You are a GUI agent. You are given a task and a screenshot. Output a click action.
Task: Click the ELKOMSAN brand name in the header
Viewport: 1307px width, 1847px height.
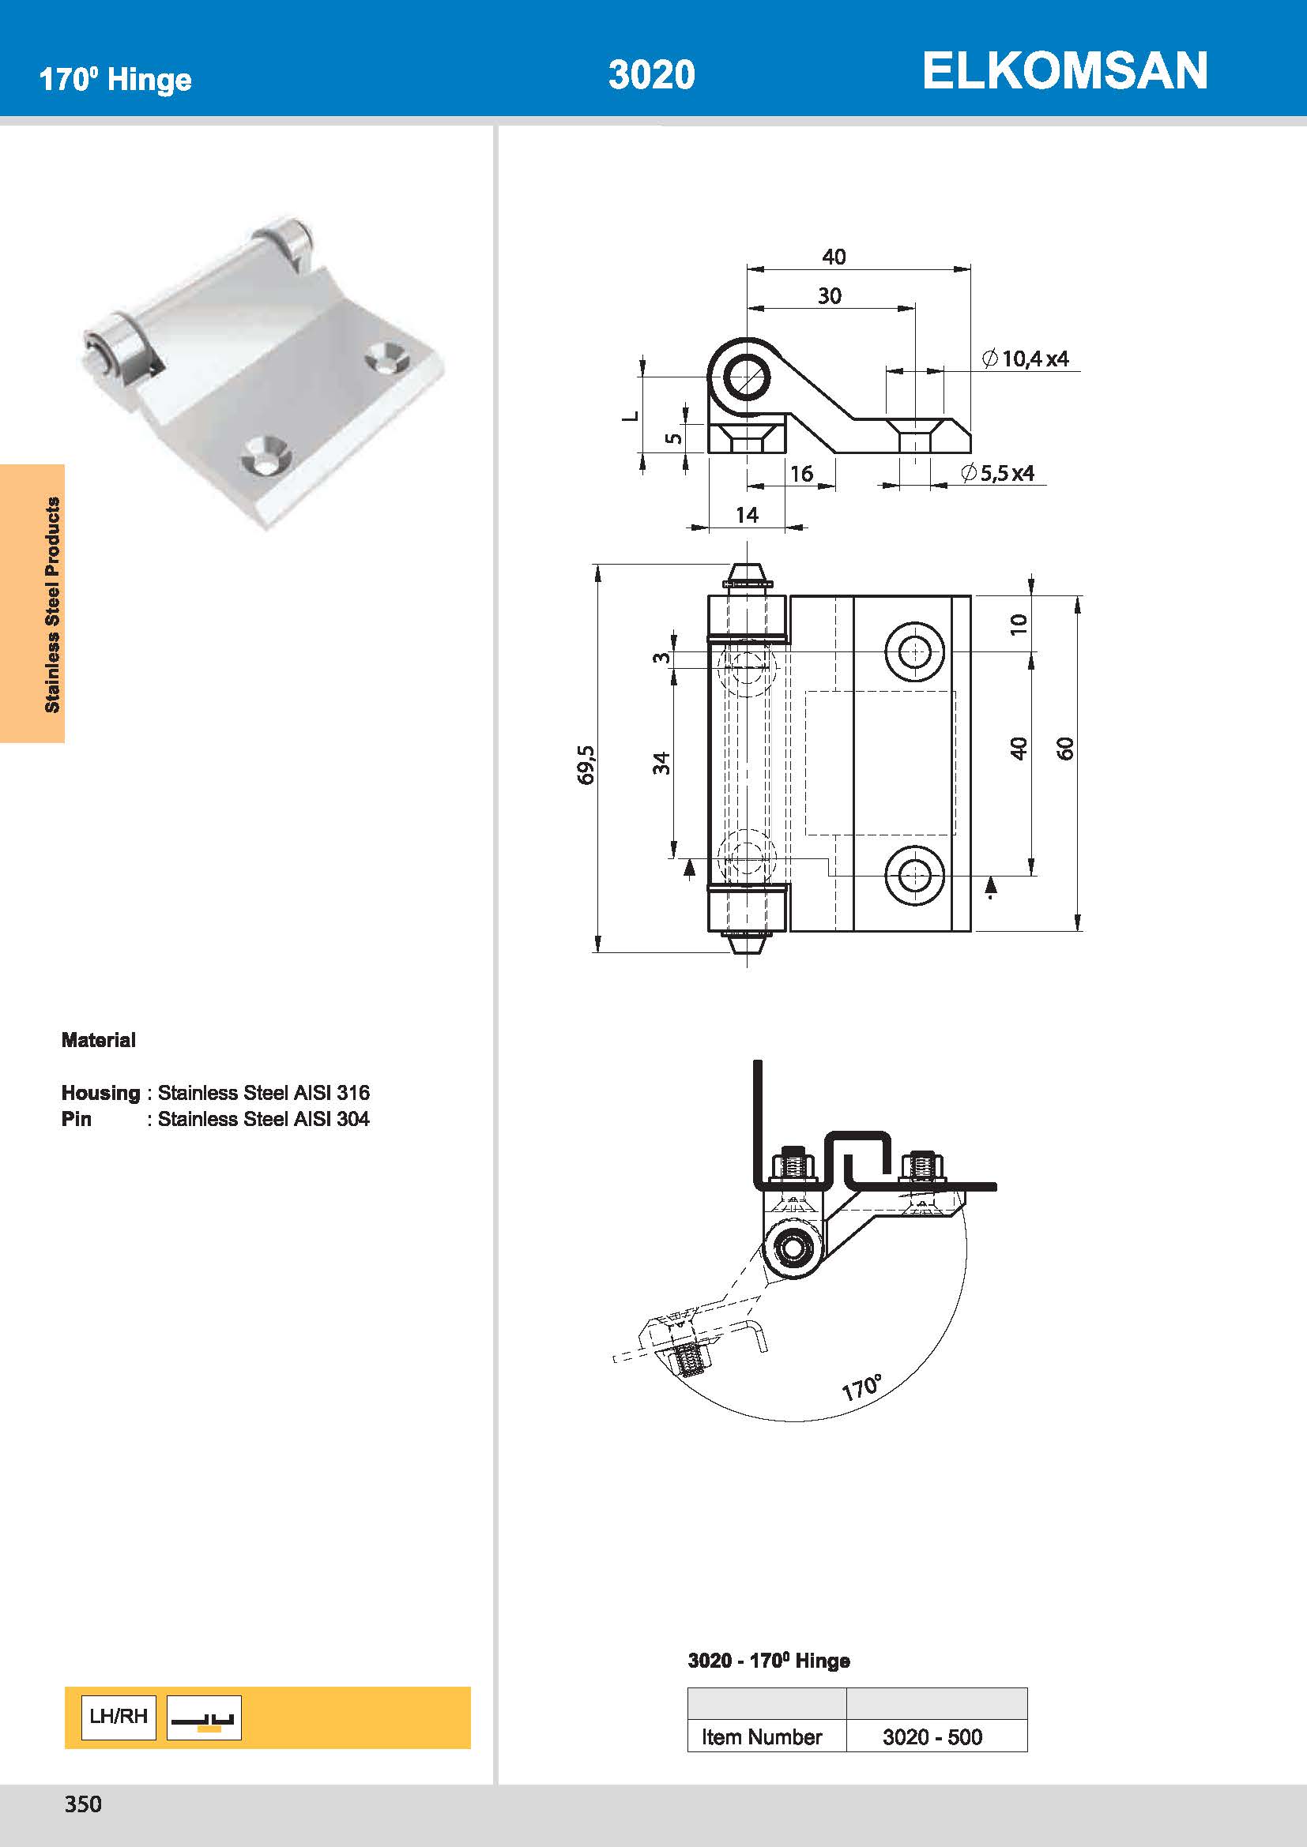pos(1064,71)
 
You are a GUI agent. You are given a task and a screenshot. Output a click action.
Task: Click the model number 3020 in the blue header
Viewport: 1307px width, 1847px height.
pos(651,75)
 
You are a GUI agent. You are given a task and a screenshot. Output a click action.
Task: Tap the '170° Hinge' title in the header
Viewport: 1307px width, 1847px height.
pos(115,80)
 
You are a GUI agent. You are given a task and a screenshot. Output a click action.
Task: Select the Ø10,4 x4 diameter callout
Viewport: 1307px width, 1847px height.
pos(1026,359)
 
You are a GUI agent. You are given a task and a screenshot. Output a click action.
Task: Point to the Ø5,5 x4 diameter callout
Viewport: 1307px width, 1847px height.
pos(998,473)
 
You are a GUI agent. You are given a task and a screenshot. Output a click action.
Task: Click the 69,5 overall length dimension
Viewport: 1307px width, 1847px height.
pos(586,764)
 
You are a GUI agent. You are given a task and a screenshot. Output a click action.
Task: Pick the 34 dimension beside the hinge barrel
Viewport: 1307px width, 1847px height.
pos(661,763)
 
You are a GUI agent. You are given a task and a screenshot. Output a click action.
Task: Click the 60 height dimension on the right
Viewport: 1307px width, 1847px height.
pos(1065,748)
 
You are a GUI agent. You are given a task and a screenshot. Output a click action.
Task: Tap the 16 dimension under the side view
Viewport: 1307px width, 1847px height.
pos(800,474)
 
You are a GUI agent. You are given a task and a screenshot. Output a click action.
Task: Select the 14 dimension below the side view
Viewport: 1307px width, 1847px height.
pos(747,515)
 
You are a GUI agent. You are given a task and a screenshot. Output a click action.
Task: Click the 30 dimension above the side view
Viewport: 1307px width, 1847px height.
pos(830,296)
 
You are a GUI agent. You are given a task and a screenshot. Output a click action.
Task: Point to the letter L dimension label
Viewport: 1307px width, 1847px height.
pos(632,416)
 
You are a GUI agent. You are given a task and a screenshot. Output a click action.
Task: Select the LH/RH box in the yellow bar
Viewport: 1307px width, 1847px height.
pos(119,1716)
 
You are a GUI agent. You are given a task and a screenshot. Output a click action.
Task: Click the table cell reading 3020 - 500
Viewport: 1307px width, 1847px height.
pos(932,1736)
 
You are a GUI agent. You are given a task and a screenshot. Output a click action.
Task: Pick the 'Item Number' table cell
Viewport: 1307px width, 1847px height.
pos(761,1736)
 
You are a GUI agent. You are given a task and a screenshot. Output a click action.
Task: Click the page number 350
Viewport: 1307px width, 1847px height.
pos(83,1804)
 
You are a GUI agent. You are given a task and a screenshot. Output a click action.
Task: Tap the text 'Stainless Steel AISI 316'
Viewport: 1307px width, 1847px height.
pos(263,1092)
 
